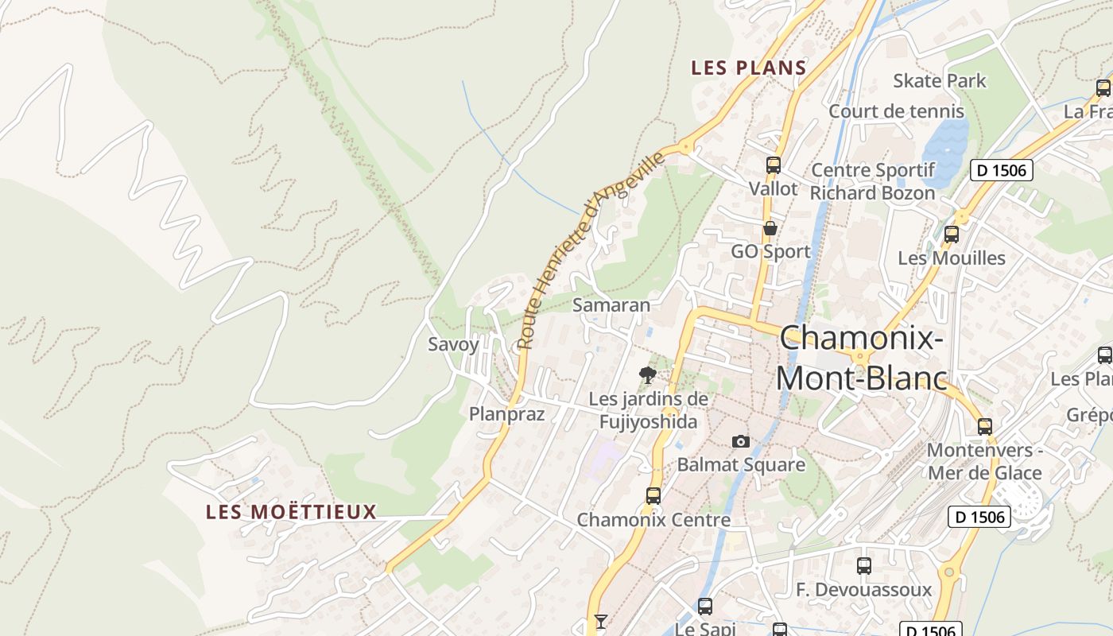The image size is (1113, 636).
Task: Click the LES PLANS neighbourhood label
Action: [x=749, y=68]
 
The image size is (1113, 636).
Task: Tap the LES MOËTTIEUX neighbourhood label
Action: [x=291, y=512]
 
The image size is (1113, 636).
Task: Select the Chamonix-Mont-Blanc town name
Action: [x=862, y=359]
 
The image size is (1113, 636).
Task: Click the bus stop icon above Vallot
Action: [x=773, y=165]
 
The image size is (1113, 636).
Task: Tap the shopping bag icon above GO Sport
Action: [x=770, y=229]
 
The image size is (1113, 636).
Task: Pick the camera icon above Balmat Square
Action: [x=740, y=441]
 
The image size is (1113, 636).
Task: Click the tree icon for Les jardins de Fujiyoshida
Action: [x=648, y=374]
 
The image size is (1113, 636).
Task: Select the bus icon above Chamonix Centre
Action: [x=653, y=496]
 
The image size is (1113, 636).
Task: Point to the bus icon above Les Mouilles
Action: [x=951, y=235]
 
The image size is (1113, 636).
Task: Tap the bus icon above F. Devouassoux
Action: [x=864, y=566]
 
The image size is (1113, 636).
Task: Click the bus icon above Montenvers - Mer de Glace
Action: [x=985, y=427]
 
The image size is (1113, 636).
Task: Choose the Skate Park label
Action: [x=939, y=81]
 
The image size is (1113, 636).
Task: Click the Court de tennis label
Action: [x=896, y=111]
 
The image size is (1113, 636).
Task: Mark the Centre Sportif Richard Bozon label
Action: [x=872, y=181]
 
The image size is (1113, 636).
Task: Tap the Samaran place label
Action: [x=611, y=305]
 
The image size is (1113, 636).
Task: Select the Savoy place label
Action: [x=453, y=344]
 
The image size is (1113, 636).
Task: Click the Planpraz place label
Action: [x=506, y=414]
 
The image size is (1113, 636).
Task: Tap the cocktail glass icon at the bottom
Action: [x=600, y=621]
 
